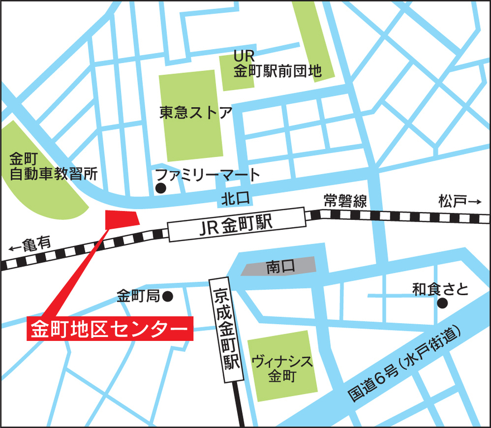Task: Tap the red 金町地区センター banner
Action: [110, 329]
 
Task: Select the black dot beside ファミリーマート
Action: [161, 188]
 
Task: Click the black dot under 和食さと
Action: [442, 303]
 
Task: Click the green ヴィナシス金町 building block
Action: [282, 366]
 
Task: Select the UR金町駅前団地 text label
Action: [277, 64]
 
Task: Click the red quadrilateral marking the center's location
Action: [121, 218]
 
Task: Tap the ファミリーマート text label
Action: [208, 175]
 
